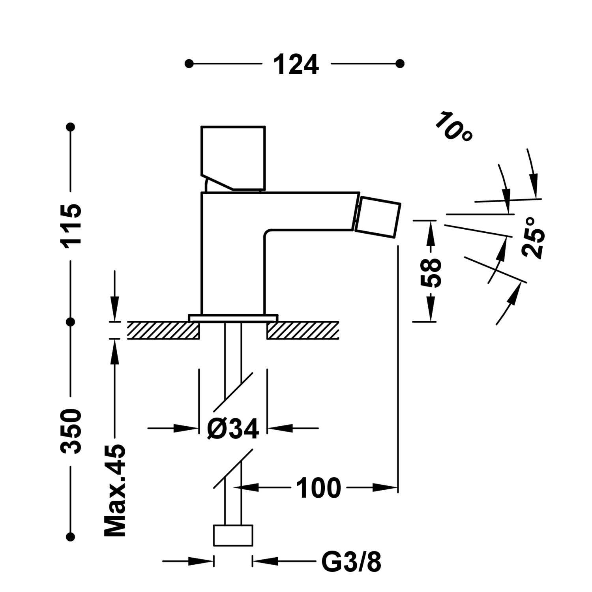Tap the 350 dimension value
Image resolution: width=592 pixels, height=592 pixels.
tap(71, 431)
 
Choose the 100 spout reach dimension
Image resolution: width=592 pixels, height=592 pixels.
tap(318, 488)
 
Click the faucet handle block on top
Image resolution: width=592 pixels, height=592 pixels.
tap(233, 158)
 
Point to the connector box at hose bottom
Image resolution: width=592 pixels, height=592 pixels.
tap(233, 536)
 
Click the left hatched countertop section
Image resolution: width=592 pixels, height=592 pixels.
tap(163, 330)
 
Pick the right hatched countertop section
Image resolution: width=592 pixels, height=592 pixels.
tap(303, 330)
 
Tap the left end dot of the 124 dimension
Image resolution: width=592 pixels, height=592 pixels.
tap(189, 64)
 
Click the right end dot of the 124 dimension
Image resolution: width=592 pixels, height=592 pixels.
tap(400, 64)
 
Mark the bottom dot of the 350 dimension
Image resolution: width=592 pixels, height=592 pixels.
tap(71, 536)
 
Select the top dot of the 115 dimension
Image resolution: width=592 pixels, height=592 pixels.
tap(71, 127)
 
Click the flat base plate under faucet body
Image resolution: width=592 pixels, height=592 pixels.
tap(233, 318)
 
